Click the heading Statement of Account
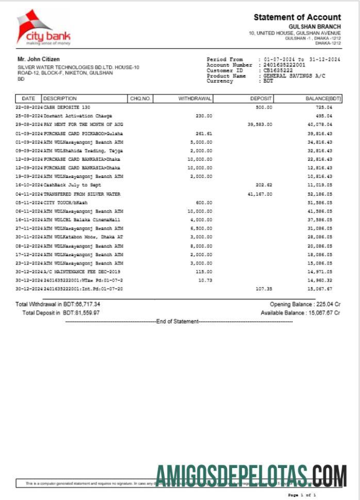click(297, 18)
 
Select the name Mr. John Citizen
click(39, 59)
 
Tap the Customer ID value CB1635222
click(278, 70)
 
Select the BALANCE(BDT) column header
click(323, 98)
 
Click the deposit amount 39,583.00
click(259, 124)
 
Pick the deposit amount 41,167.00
click(259, 194)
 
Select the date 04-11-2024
click(29, 194)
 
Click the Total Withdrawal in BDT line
click(58, 304)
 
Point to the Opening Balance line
click(305, 304)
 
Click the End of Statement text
click(177, 321)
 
